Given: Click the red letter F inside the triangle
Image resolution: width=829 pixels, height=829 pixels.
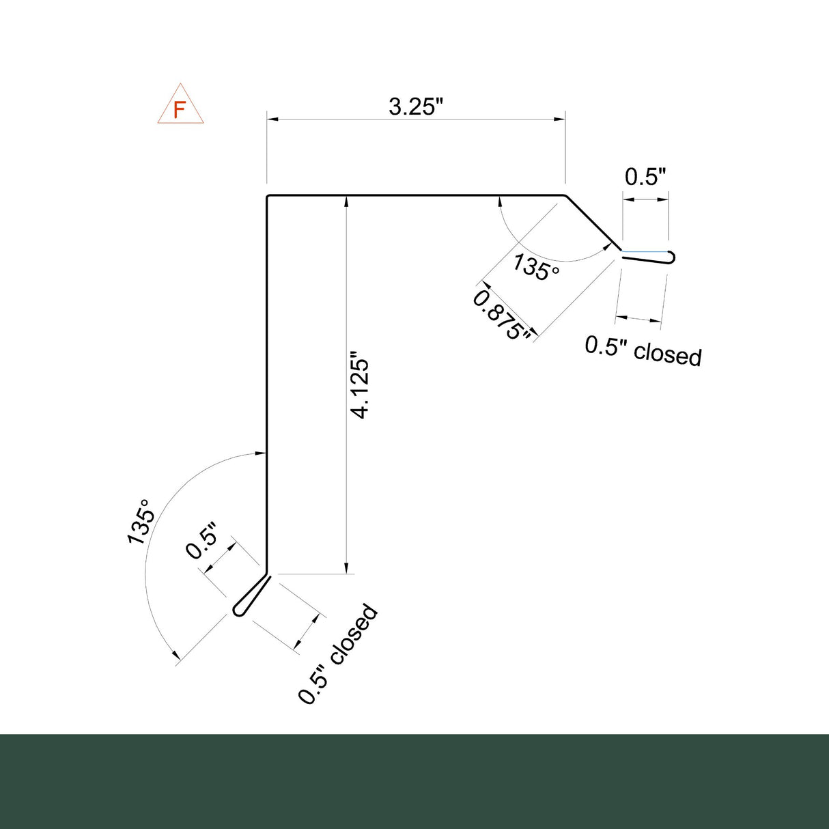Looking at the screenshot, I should (x=180, y=109).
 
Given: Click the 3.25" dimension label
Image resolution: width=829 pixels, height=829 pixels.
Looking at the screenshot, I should (x=416, y=107).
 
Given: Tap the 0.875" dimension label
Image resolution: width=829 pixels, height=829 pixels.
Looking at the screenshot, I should (x=502, y=315).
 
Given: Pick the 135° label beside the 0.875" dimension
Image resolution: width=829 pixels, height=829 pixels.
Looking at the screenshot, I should (x=536, y=267).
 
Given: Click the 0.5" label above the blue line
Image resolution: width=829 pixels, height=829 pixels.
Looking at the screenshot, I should (x=645, y=177).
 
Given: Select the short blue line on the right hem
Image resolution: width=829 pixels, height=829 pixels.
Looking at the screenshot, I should (x=645, y=251).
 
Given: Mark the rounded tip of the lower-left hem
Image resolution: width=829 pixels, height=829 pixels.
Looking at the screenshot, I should (x=238, y=610).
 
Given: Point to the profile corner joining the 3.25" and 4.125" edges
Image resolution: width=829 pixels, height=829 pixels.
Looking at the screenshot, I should (x=268, y=197).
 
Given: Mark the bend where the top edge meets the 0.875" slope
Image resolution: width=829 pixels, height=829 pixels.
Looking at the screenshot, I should (x=565, y=196).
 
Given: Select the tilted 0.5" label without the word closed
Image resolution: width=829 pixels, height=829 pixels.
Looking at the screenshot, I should (x=203, y=541).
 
